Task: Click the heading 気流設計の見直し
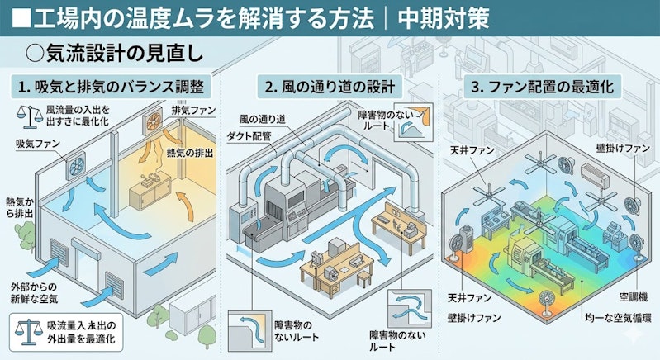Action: tap(115, 54)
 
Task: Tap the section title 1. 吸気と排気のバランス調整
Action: tap(112, 87)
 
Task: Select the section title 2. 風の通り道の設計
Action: tap(330, 87)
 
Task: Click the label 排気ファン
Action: tap(193, 111)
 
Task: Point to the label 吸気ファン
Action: tap(38, 144)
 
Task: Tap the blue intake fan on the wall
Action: tap(76, 167)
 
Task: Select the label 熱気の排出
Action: tap(189, 153)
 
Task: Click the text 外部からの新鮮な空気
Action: tap(34, 293)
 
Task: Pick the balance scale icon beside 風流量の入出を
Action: tap(30, 116)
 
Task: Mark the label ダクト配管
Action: tap(249, 136)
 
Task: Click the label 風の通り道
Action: tap(263, 120)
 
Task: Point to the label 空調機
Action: tap(633, 297)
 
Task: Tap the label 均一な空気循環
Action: tap(618, 318)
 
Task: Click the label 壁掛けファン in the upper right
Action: tap(623, 148)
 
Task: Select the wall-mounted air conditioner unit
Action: tap(595, 174)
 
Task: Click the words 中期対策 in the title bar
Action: tap(444, 18)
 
